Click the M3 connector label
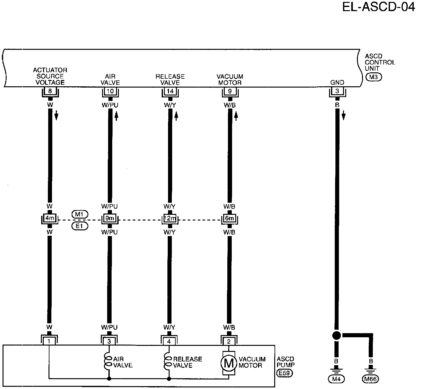[373, 77]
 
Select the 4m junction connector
[49, 219]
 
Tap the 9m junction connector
[110, 219]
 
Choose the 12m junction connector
[170, 219]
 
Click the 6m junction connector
[230, 219]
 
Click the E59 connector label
[284, 373]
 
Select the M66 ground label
[371, 379]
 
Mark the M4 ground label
[336, 379]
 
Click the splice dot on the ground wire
[337, 335]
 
